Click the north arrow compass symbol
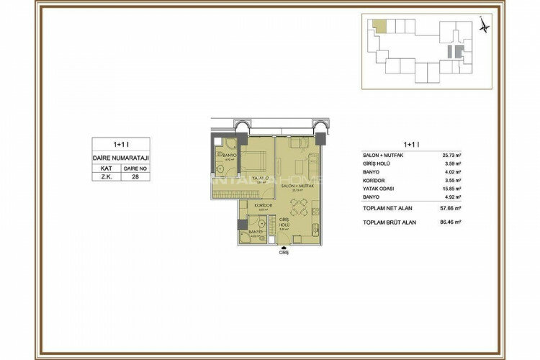[x=484, y=25]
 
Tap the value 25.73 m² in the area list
[x=451, y=155]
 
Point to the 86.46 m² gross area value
[x=451, y=222]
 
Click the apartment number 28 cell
[x=135, y=176]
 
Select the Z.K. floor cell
[x=106, y=176]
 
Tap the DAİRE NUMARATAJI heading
[x=120, y=156]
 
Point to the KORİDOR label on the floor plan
[x=262, y=205]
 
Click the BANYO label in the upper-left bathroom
[x=230, y=155]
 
